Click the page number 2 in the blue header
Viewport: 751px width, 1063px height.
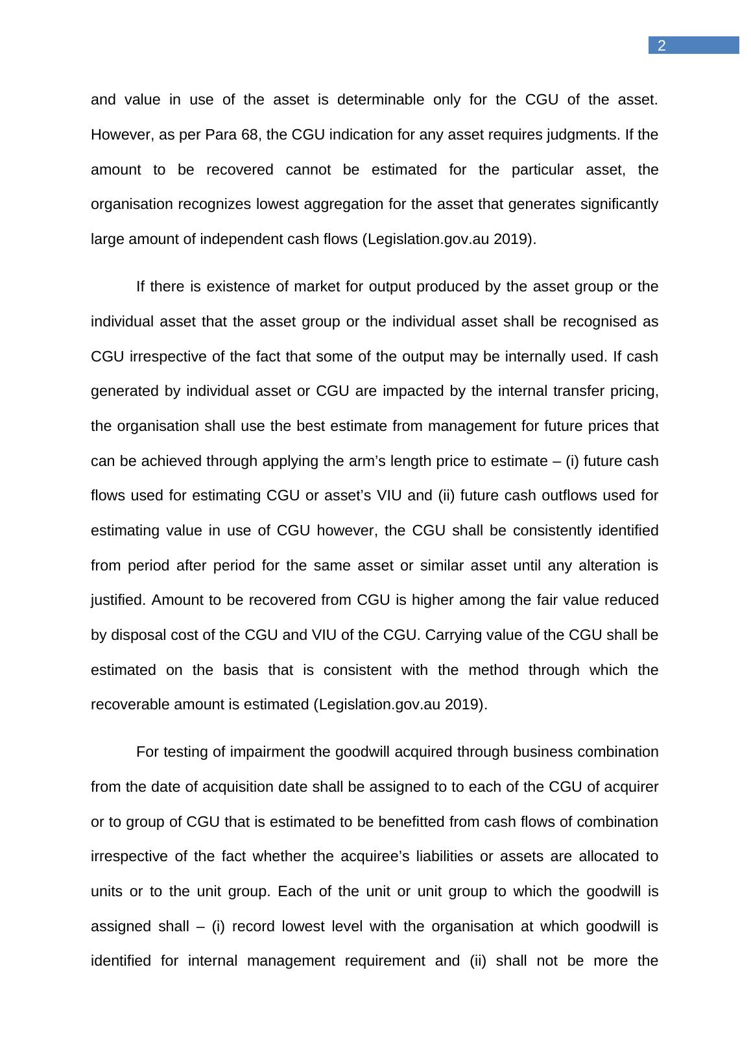pyautogui.click(x=662, y=45)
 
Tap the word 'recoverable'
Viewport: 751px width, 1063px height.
pyautogui.click(x=130, y=705)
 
